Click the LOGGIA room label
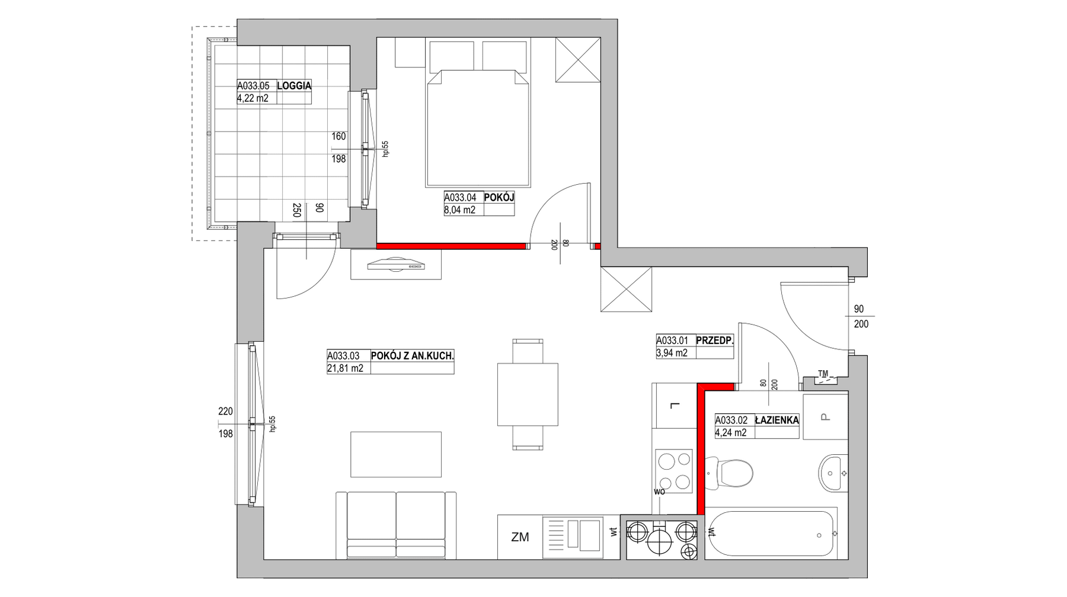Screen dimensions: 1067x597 [294, 85]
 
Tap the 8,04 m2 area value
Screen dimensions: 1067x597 [460, 210]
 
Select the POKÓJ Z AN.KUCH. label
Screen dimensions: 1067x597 [413, 356]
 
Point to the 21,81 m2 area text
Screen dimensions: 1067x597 [345, 368]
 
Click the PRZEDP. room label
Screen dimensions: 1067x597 [715, 341]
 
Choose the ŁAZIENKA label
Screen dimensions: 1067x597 [777, 420]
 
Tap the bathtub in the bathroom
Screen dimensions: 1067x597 [771, 533]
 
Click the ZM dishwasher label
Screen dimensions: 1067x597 [520, 537]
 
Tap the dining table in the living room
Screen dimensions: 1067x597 [528, 394]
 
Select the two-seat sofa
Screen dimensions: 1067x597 [395, 525]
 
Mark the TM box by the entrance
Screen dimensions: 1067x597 [823, 378]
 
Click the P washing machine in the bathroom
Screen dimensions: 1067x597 [825, 416]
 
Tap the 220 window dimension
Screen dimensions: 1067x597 [226, 411]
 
